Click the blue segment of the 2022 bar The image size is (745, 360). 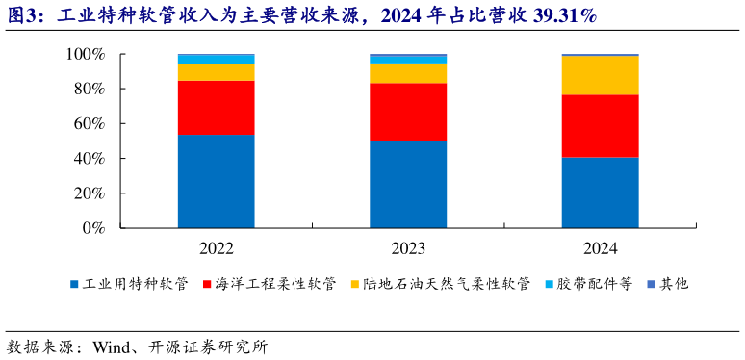tap(216, 181)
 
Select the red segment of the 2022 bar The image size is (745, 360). tap(216, 107)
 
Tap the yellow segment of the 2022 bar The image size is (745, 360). tap(216, 72)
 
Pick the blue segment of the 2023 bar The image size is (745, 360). tap(408, 184)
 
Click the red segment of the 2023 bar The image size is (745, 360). tap(408, 112)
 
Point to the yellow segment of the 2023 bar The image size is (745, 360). tap(408, 72)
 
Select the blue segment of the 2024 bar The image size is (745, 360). tap(601, 193)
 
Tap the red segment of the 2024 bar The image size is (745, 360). tap(601, 125)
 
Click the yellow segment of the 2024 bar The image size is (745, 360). tap(601, 75)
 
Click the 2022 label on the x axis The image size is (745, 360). tap(216, 249)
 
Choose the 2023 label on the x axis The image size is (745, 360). tap(408, 249)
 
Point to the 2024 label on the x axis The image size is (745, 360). tap(601, 249)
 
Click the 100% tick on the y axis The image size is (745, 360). tap(85, 55)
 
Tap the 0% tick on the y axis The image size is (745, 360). tap(92, 228)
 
